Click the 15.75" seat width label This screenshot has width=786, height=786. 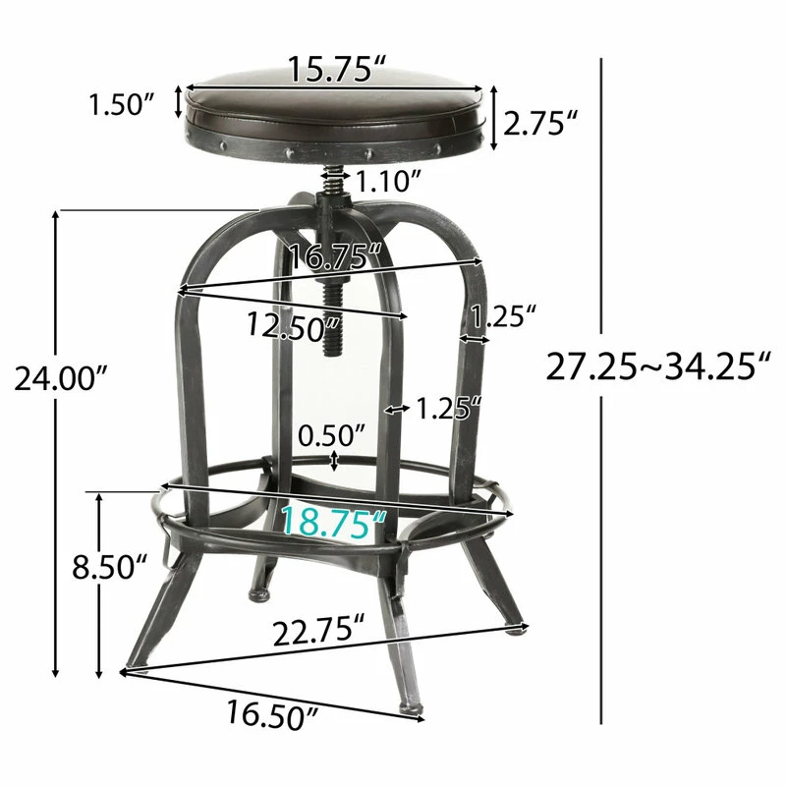337,69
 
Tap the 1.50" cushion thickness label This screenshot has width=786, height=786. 122,104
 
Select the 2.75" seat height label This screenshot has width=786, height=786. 539,124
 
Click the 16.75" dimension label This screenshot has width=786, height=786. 335,257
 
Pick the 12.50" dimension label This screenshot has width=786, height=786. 293,326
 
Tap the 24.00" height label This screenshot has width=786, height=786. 61,378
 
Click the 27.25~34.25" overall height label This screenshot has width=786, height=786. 657,366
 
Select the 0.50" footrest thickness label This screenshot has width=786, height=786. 332,435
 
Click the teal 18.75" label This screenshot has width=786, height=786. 334,522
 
